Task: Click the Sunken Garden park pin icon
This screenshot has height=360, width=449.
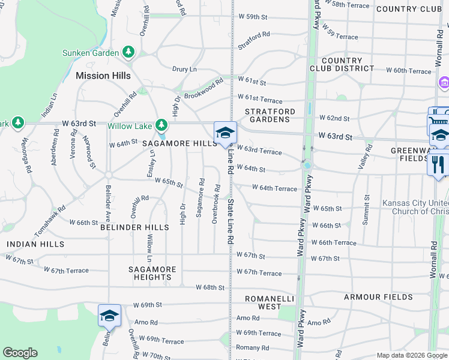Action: [x=128, y=53]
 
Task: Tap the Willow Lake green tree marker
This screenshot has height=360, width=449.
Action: [x=161, y=125]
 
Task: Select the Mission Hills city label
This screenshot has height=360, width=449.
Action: [x=103, y=76]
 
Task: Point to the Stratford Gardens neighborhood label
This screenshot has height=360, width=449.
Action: [x=270, y=115]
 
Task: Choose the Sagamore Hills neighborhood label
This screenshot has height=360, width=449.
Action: [x=179, y=144]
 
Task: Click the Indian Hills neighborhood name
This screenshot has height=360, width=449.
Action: [x=35, y=244]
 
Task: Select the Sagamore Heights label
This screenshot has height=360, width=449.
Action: [x=152, y=273]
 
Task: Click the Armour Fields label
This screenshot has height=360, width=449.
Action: [x=378, y=297]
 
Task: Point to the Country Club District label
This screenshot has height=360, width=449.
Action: [x=342, y=64]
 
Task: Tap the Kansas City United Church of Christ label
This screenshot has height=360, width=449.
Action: [x=415, y=207]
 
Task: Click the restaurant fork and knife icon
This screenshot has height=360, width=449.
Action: [x=438, y=164]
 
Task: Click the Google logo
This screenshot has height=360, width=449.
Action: [x=20, y=353]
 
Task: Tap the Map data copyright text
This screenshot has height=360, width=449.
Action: [x=411, y=355]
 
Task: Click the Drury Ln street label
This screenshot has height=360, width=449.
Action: [x=184, y=70]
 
